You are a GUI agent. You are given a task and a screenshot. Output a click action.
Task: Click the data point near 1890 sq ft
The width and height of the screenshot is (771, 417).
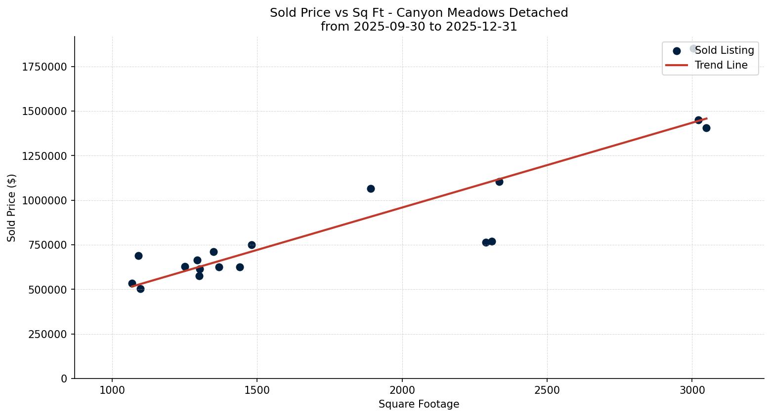[371, 189]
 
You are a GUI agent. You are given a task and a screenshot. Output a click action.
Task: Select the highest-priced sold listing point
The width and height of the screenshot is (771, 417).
[693, 48]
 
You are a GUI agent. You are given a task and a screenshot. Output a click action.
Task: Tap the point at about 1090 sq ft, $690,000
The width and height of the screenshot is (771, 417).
[138, 256]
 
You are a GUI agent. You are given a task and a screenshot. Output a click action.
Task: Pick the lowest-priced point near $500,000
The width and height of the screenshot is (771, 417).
[140, 289]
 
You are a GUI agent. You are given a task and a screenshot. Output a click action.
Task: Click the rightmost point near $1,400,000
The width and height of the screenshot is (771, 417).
[706, 128]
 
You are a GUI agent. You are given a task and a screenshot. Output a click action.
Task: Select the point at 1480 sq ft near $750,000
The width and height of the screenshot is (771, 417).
[252, 245]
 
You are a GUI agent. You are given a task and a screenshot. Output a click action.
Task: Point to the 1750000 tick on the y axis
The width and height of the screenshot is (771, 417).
[44, 67]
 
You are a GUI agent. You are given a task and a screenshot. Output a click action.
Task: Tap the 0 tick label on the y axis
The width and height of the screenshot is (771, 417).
[64, 379]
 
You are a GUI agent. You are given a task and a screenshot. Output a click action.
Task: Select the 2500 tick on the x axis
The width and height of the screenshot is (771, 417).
[547, 390]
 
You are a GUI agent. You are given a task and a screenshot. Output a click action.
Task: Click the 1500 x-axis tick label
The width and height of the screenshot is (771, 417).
[257, 390]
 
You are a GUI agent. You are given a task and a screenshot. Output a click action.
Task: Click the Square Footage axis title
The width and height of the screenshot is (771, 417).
[419, 404]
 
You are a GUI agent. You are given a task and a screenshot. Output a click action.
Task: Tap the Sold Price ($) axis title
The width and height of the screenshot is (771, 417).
[12, 208]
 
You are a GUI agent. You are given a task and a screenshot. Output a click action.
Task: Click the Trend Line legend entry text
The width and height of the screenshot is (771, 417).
[721, 65]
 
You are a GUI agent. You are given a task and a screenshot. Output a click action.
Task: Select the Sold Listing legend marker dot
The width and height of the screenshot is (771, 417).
[677, 51]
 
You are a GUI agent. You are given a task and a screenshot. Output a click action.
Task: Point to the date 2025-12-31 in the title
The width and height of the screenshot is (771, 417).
[481, 27]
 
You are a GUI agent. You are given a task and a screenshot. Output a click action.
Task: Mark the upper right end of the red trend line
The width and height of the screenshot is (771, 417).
[707, 118]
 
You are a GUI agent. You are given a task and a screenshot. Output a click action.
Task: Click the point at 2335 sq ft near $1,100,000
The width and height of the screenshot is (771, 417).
[499, 182]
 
